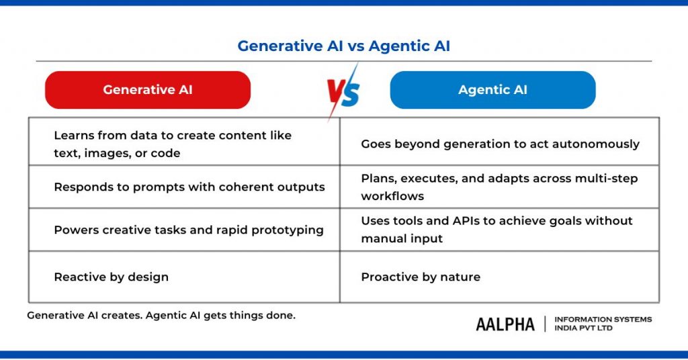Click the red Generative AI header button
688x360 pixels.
147,90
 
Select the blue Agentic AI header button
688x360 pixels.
492,90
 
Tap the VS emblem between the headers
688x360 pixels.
343,91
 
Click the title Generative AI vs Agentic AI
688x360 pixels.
343,46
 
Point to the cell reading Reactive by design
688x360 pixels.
111,277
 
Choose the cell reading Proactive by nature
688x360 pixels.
421,277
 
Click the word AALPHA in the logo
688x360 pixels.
505,324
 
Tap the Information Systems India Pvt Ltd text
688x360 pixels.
603,324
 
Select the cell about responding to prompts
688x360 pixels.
189,187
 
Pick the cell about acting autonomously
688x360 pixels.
500,144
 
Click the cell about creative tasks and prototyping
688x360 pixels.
188,230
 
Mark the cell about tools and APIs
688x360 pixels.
497,229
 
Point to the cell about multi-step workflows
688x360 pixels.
499,187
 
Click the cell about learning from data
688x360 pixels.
173,144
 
